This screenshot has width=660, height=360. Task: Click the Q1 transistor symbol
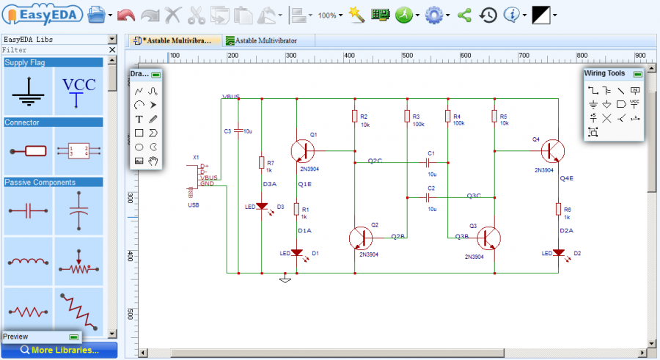coord(301,151)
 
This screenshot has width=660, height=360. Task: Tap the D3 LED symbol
coord(261,207)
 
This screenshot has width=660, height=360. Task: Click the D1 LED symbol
coord(296,252)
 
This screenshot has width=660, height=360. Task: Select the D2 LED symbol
coord(558,252)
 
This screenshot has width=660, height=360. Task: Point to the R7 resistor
coord(261,163)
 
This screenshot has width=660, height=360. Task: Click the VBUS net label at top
coord(231,97)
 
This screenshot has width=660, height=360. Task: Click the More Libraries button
coord(59,350)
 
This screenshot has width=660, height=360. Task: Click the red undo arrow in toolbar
coord(126,15)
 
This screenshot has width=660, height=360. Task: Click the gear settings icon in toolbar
coord(433,15)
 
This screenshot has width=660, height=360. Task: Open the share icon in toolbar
coord(463,15)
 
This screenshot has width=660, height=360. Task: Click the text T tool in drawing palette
coord(139,119)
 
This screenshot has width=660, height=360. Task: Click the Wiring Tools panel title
coord(605,73)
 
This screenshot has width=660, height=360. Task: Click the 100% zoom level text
coord(327,15)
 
